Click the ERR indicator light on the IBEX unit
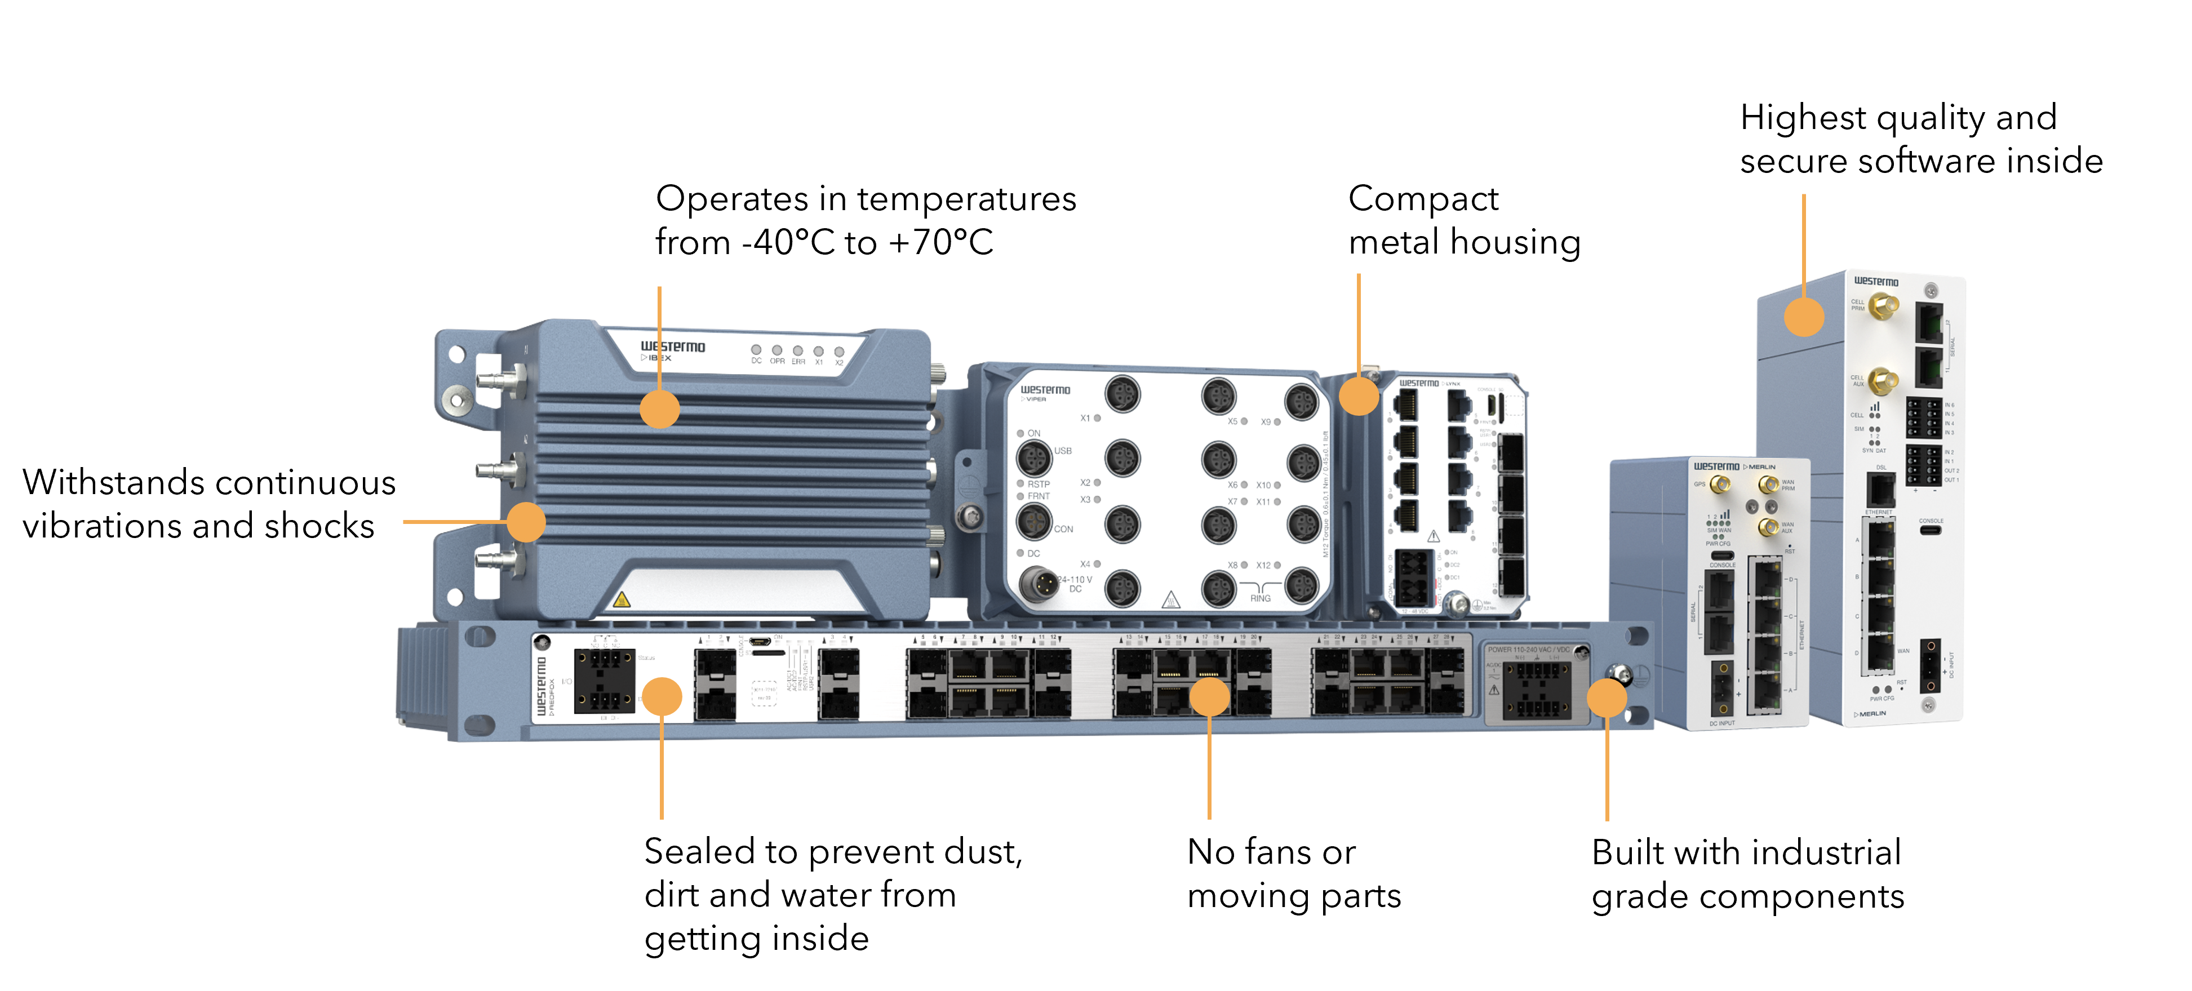(797, 350)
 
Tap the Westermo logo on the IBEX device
(672, 346)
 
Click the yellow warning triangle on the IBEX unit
(621, 599)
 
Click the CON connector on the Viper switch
(1034, 521)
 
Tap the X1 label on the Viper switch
(1085, 417)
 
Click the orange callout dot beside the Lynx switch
(1359, 397)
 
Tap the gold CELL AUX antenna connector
(1884, 380)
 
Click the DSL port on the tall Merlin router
(1880, 491)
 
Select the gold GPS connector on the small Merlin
(1720, 486)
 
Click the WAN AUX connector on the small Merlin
(1769, 527)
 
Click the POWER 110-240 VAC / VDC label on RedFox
(1528, 649)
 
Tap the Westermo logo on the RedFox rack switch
(541, 685)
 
